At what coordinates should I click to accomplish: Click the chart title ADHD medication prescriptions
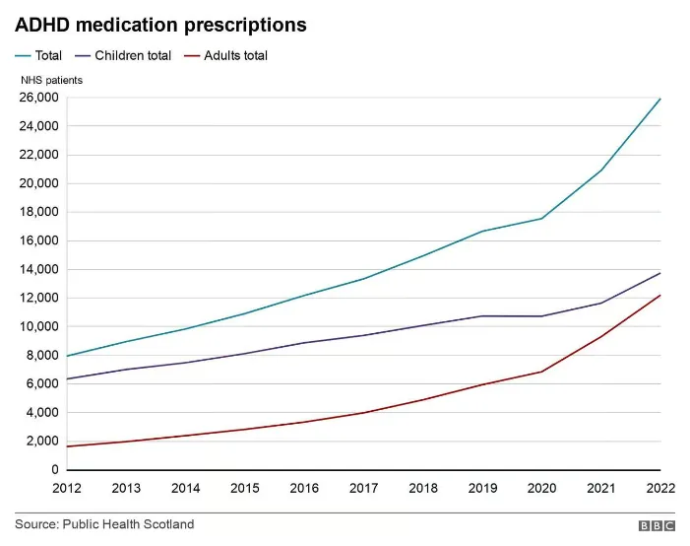(x=160, y=25)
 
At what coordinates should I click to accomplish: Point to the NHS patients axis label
(x=51, y=80)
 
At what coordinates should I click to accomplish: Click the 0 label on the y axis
(x=55, y=470)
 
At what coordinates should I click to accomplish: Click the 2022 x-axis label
(x=659, y=488)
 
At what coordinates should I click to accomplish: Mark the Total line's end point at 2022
(x=659, y=99)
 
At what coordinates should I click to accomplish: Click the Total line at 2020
(x=541, y=219)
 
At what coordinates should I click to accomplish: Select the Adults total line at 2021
(x=600, y=337)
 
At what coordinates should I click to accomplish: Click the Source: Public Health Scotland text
(x=104, y=524)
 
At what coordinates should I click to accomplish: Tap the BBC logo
(x=656, y=526)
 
